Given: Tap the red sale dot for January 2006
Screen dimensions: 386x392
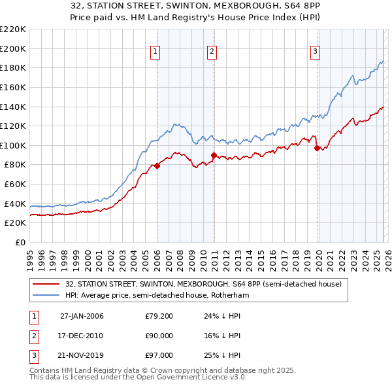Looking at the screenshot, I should pos(157,166).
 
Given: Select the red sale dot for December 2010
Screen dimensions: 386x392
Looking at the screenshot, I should pos(214,155).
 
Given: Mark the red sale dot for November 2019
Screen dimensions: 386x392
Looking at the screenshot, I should pos(317,148).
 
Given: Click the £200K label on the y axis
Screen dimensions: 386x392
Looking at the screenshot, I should pos(14,48).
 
